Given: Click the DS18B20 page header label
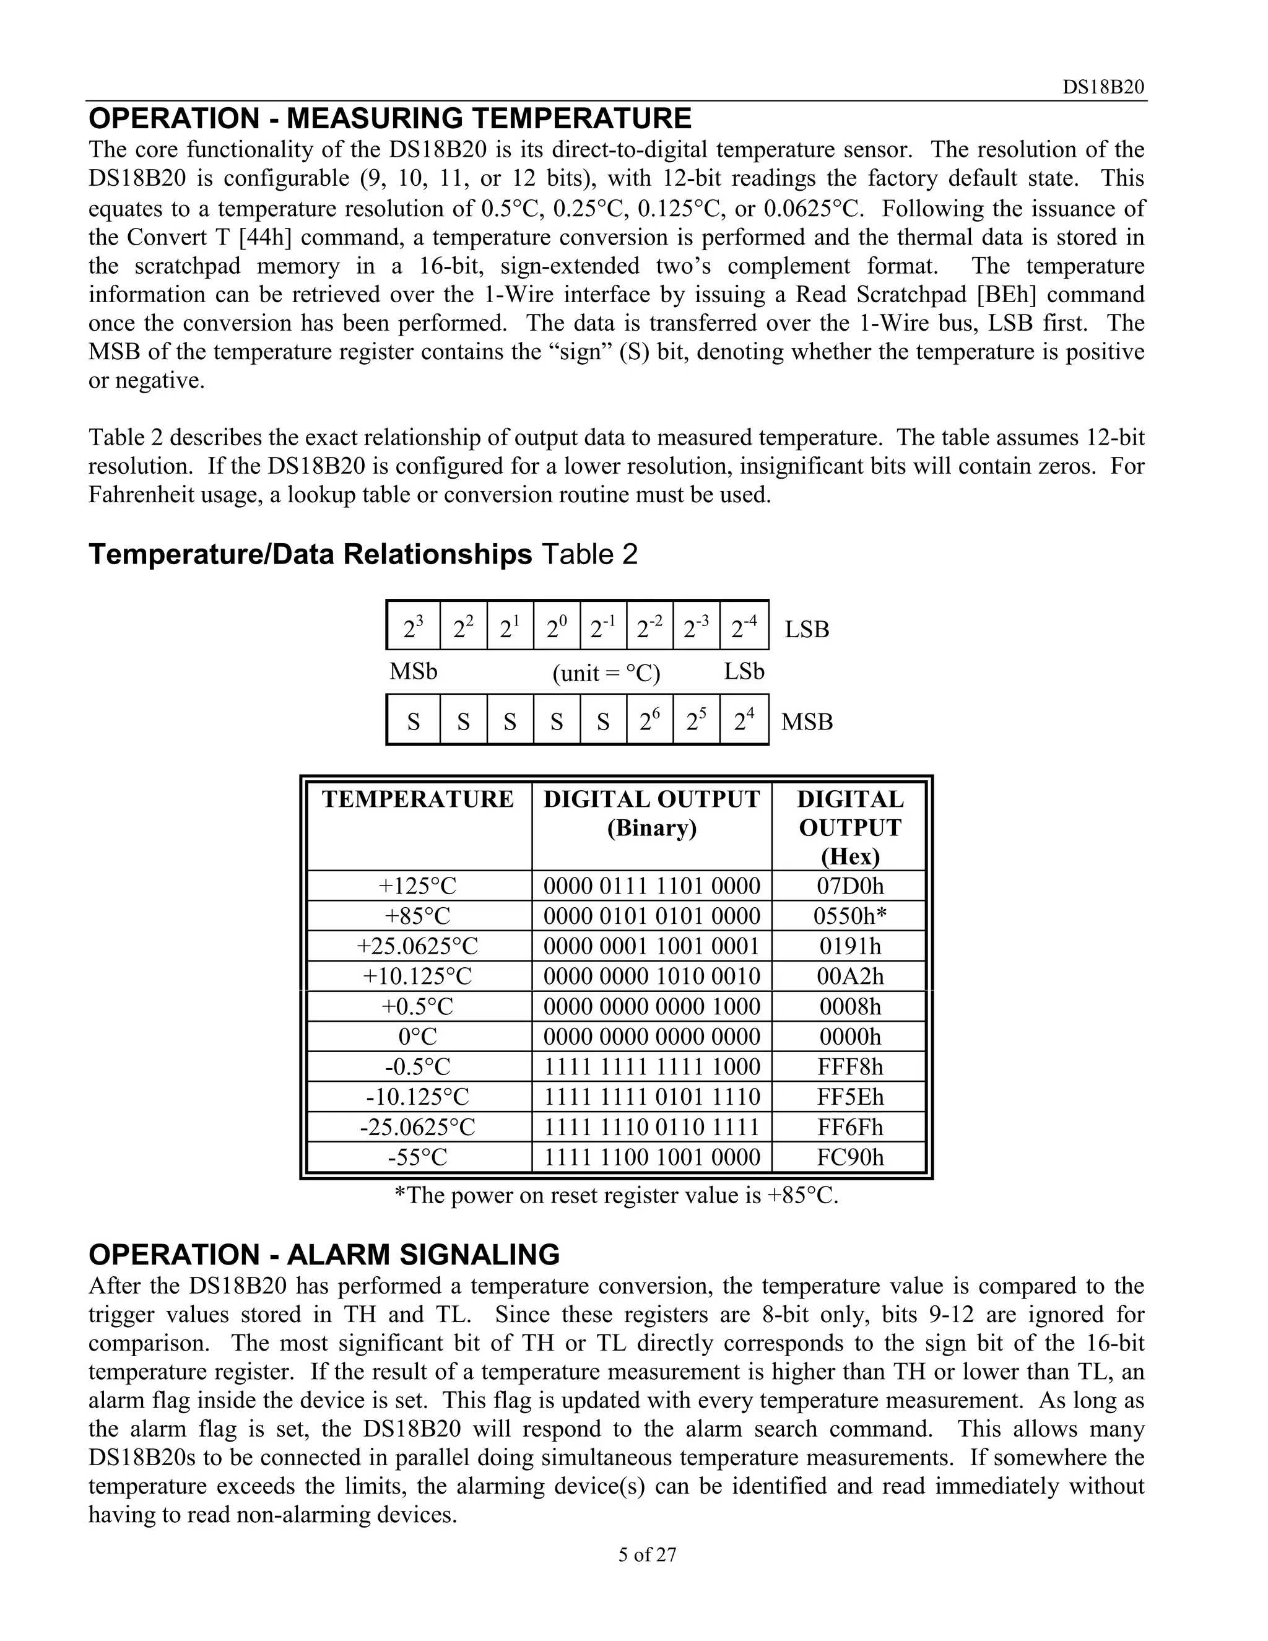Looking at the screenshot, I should (x=1103, y=88).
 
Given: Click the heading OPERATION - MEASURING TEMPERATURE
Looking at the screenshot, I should (x=390, y=119).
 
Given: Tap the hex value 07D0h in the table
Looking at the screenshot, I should (x=849, y=886).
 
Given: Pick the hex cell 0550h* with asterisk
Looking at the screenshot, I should (x=849, y=916).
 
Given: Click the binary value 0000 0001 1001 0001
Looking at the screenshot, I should (x=651, y=946).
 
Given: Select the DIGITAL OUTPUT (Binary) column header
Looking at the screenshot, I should (x=651, y=813).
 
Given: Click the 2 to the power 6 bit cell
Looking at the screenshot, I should (x=649, y=721).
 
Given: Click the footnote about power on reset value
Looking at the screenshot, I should (x=616, y=1195).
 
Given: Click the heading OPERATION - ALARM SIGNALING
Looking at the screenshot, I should (x=324, y=1255).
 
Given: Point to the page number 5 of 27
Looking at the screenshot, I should (x=647, y=1554).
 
